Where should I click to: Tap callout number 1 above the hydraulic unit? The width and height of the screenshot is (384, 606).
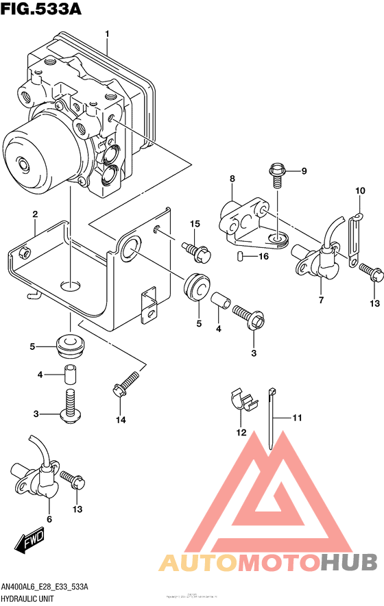[107, 34]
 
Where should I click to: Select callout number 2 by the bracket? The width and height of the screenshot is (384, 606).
[34, 216]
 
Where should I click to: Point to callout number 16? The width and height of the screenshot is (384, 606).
[263, 257]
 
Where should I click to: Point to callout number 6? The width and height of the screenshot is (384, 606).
[49, 520]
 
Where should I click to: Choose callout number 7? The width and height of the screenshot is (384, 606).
[320, 300]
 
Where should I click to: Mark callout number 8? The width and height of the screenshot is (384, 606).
[232, 179]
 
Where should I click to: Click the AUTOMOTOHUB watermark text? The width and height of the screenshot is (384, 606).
[267, 562]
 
